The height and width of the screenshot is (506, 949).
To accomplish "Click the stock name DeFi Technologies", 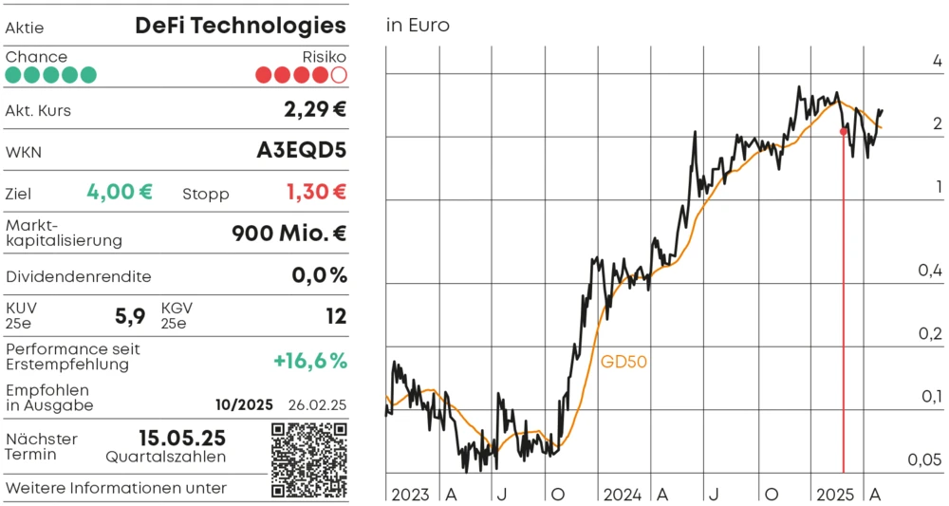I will (x=240, y=26).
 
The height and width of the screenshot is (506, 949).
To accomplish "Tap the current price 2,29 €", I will (x=315, y=109).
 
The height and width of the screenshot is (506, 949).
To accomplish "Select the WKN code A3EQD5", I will (x=302, y=151).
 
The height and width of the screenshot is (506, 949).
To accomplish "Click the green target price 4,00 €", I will (x=120, y=192).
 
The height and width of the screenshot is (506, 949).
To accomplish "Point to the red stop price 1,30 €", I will (x=316, y=192).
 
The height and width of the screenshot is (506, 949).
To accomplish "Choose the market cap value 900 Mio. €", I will (x=288, y=234).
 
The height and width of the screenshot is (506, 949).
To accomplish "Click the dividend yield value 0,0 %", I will (x=319, y=276).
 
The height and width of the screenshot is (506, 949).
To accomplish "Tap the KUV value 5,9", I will (x=130, y=316).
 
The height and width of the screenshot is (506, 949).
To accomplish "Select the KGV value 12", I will (x=336, y=316).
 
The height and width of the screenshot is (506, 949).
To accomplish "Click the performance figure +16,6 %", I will (x=310, y=361).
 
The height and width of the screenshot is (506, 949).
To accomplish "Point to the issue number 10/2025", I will (x=244, y=404).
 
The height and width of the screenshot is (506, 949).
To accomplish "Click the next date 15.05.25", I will (x=182, y=438).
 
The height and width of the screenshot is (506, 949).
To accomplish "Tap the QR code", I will (x=309, y=460).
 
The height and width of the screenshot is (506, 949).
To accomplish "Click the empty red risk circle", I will (x=339, y=74).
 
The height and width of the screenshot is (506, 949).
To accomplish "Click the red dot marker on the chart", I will (x=844, y=131).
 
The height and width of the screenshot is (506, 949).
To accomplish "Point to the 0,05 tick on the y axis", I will (x=924, y=460).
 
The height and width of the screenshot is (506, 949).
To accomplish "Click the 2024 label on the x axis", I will (x=623, y=495).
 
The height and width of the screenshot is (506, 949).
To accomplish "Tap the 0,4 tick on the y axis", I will (x=929, y=272).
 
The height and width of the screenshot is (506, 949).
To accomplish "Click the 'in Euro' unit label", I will (x=418, y=26).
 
